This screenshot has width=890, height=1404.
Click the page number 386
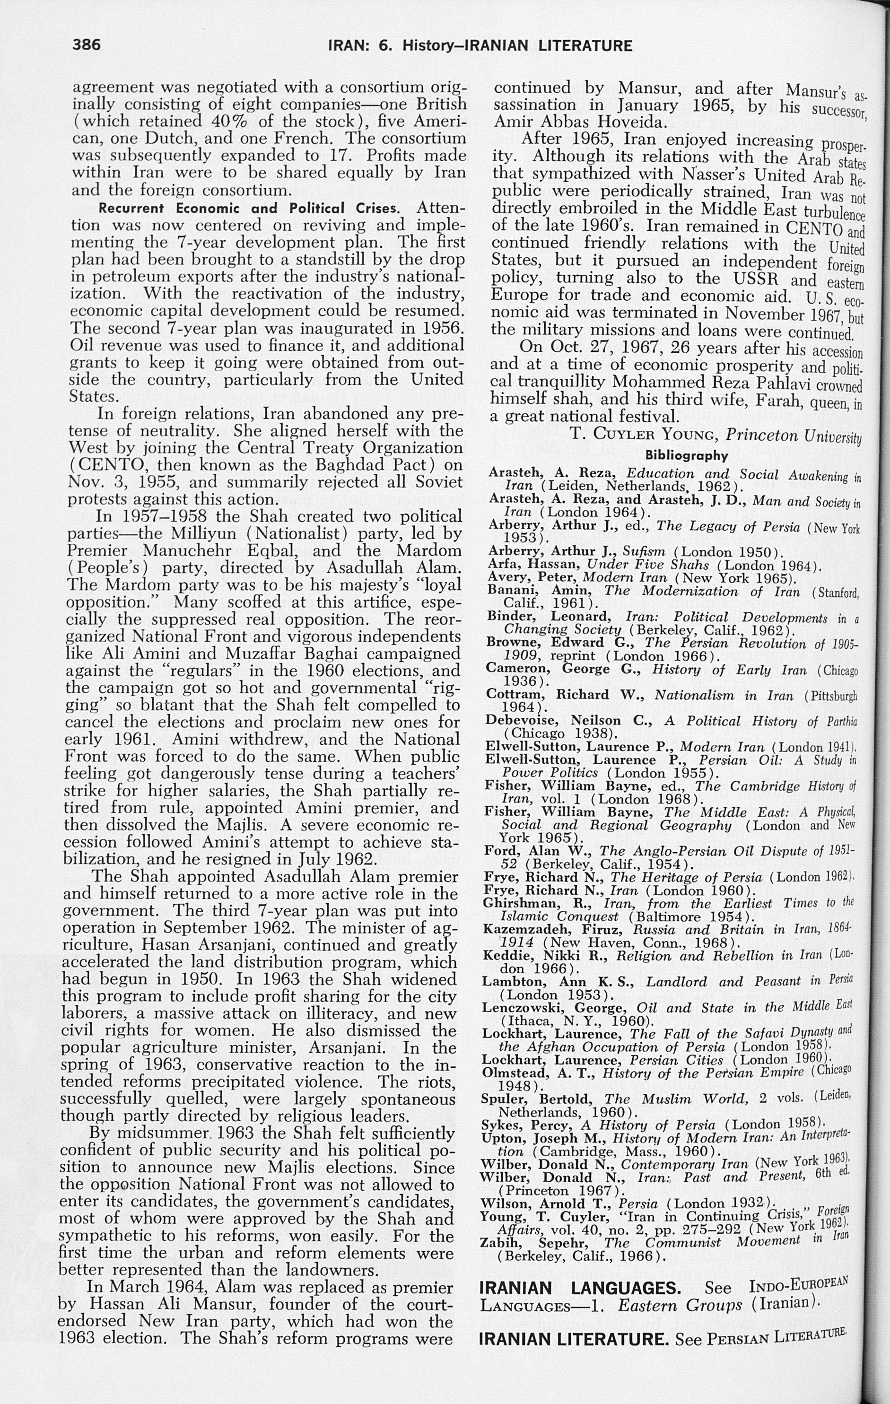[x=87, y=45]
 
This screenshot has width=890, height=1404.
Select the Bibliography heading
[x=687, y=455]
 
